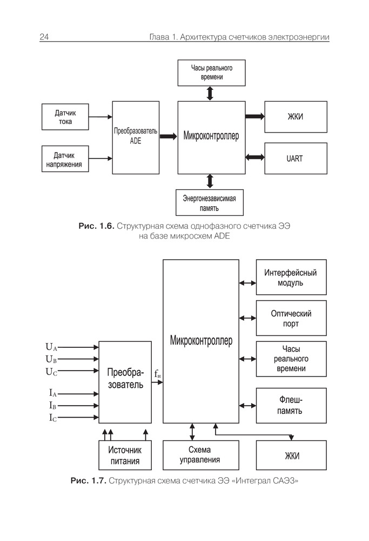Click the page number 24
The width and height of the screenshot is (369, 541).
point(44,37)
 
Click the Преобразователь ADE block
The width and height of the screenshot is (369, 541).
point(135,137)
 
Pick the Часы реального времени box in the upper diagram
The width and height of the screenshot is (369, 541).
point(211,72)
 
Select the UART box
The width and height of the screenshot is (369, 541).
point(295,159)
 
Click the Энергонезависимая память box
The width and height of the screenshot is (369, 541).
point(211,202)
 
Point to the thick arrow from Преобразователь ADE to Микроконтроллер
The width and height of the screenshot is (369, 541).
point(168,137)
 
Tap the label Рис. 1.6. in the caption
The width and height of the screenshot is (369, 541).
point(96,226)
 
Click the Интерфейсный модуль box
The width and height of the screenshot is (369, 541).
point(291,278)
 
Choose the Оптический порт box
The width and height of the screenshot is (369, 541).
point(291,319)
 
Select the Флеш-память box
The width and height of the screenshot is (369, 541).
point(291,405)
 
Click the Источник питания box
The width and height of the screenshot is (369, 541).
point(125,456)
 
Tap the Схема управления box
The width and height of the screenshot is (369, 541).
point(200,456)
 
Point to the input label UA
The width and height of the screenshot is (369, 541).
point(51,347)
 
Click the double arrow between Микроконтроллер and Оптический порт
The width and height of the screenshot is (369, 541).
point(247,318)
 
